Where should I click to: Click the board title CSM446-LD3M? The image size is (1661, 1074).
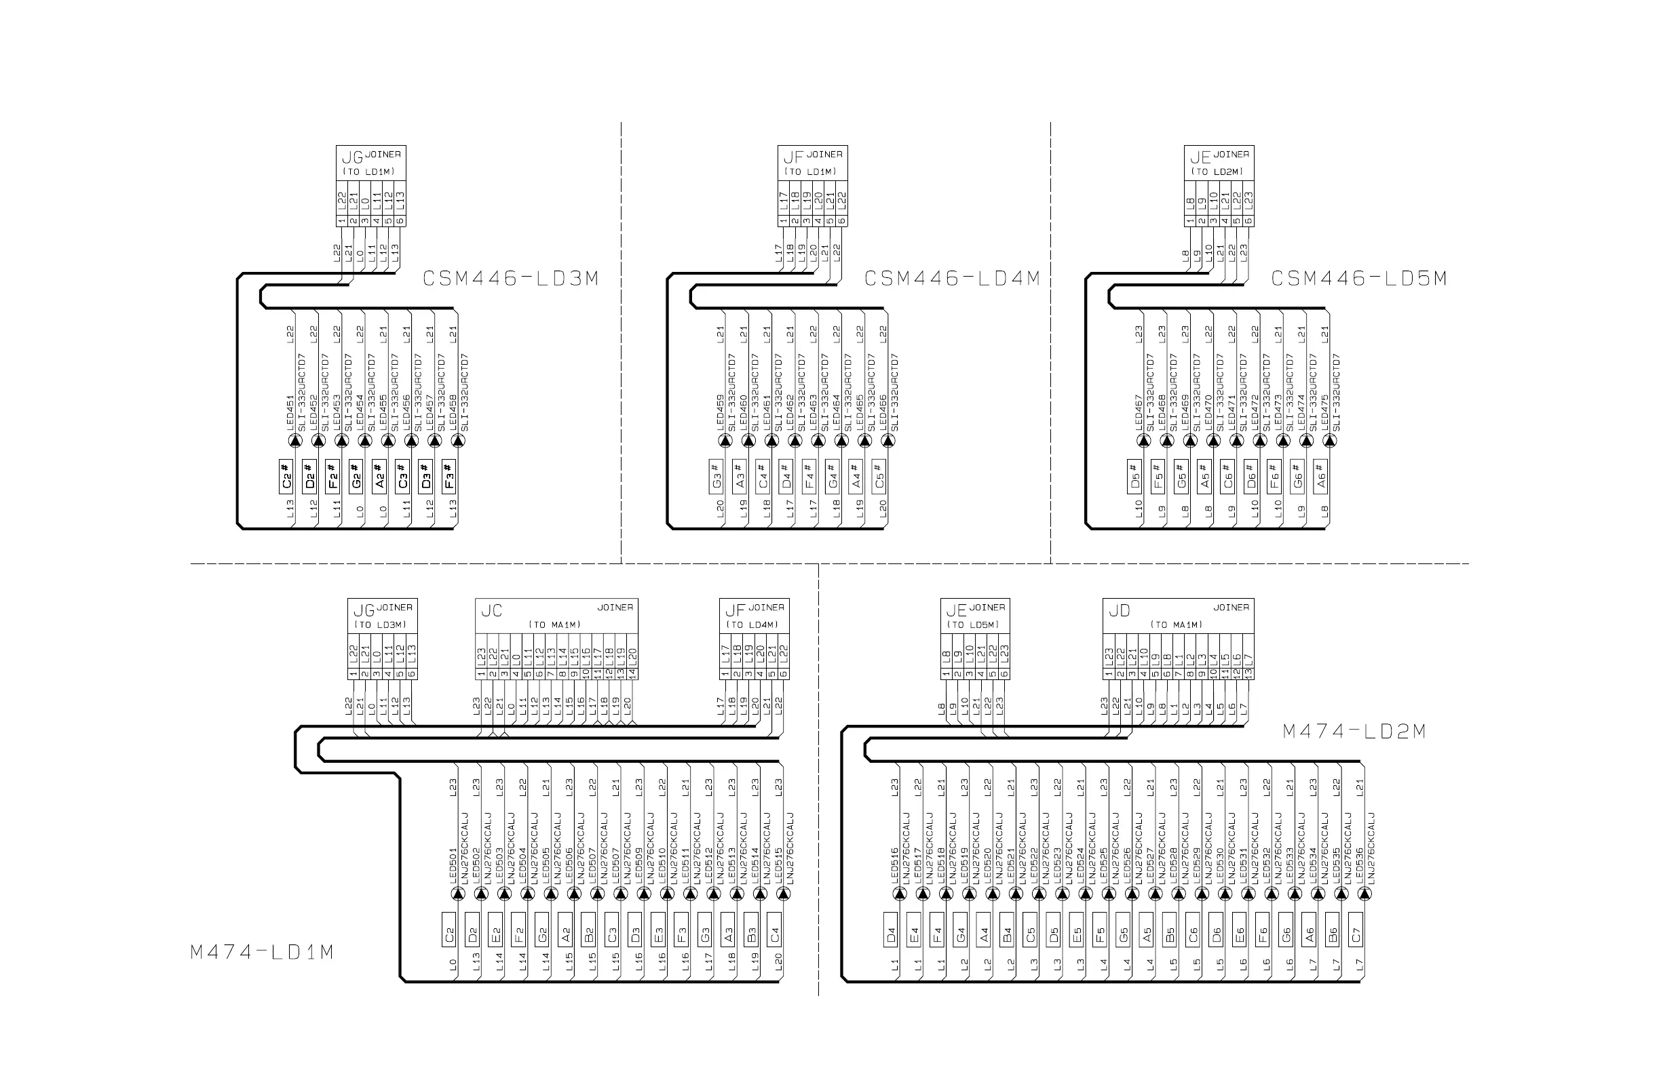(511, 279)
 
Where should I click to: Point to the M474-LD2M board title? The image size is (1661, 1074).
(1354, 732)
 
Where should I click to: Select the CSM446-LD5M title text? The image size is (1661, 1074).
(1359, 279)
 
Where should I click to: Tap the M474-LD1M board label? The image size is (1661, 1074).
(262, 952)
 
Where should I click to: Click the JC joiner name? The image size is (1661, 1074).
(491, 611)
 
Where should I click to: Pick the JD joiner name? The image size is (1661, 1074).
(1120, 611)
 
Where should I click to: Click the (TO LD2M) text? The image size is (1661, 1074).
(1218, 172)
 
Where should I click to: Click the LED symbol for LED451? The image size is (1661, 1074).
(295, 441)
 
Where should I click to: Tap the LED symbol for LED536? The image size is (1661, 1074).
(1365, 894)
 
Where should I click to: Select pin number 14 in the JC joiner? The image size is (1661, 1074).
(632, 674)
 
